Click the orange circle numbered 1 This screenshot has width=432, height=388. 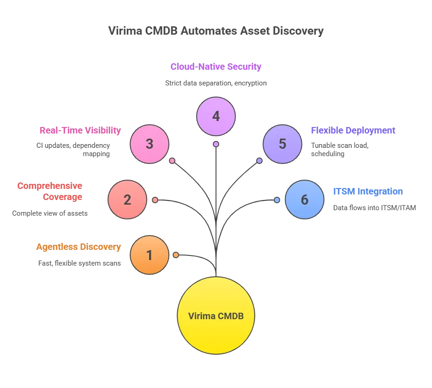point(149,255)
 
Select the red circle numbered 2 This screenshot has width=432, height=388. point(127,200)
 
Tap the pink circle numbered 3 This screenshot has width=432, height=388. point(150,144)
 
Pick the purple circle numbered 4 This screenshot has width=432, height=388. point(216,116)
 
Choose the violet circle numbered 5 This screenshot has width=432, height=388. point(282,144)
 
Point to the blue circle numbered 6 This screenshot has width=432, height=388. point(304,200)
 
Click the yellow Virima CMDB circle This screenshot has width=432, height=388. point(216,316)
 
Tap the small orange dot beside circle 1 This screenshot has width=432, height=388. point(176,255)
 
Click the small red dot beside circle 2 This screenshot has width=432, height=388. point(155,200)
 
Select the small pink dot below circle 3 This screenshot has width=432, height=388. point(172,161)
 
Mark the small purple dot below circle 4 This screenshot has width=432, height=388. point(216,144)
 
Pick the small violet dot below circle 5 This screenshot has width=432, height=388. point(259,161)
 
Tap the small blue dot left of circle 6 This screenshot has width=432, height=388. point(276,200)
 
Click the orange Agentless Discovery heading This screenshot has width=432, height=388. point(78,247)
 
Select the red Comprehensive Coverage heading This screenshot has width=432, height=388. point(51,191)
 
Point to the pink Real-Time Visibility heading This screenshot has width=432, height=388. point(79,131)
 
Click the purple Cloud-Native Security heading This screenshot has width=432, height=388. point(216,67)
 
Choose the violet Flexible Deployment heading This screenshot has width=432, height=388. point(353,131)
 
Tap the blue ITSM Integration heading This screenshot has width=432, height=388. point(369,191)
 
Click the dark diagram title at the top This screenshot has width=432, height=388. point(216,31)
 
